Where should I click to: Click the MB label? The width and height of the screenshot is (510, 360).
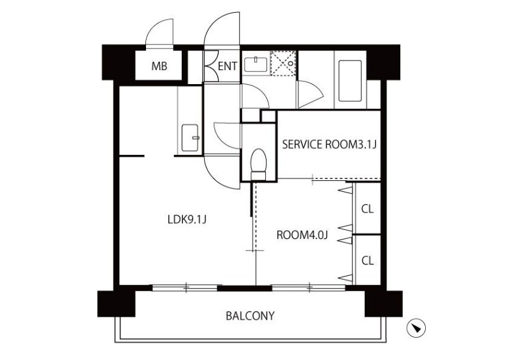point(159,66)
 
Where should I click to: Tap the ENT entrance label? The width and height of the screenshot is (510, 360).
point(228,66)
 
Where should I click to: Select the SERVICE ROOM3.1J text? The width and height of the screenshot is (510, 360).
point(330,144)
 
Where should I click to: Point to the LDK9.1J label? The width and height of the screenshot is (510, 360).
point(185,219)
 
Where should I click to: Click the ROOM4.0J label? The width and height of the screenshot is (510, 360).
point(302,234)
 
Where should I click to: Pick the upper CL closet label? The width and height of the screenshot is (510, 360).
point(367,208)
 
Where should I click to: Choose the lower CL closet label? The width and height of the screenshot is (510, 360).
point(367,260)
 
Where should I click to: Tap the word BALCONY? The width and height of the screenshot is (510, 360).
point(250,315)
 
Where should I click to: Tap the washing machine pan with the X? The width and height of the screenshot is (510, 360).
point(282,63)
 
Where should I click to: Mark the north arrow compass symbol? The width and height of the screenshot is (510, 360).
point(416,328)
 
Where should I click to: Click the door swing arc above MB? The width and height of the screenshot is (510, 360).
point(159,33)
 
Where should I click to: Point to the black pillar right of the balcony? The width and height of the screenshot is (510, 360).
point(382,303)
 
